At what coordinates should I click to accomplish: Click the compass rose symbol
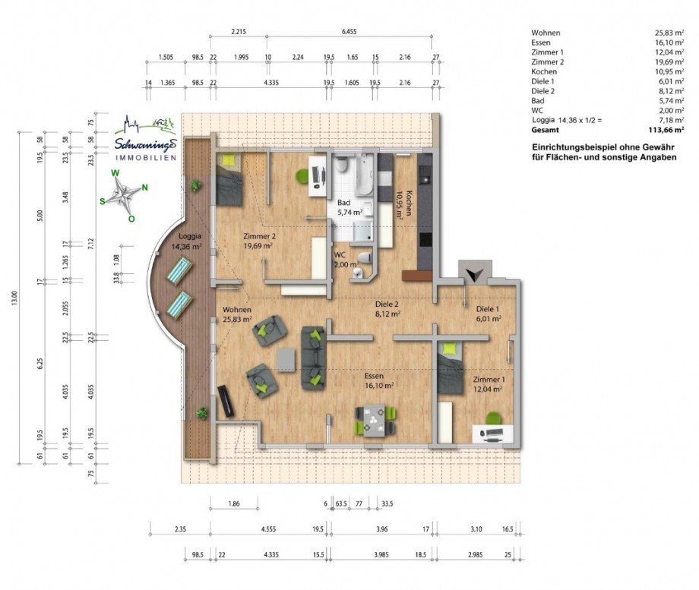(x=123, y=195)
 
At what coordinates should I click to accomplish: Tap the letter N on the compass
(x=144, y=188)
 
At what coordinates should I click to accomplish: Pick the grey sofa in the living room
(x=312, y=358)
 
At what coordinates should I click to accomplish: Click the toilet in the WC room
(x=365, y=257)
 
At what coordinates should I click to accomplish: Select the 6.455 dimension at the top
(x=349, y=33)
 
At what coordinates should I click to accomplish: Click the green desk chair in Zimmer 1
(x=494, y=418)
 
